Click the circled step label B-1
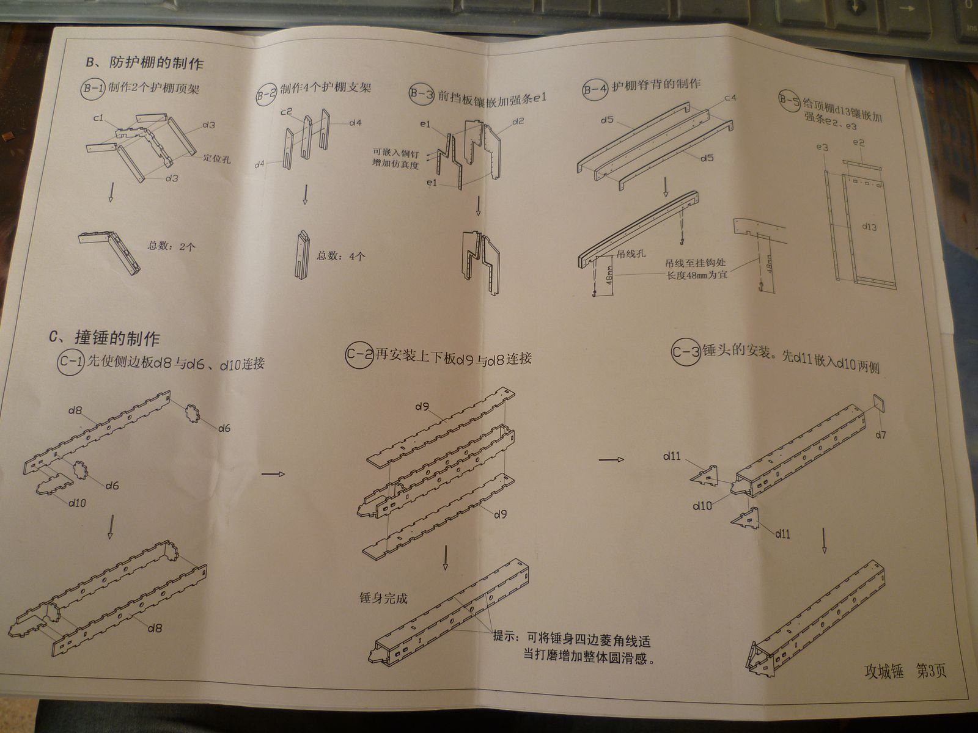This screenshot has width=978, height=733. pyautogui.click(x=94, y=87)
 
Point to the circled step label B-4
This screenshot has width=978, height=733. pyautogui.click(x=595, y=90)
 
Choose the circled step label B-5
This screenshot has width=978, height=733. pyautogui.click(x=789, y=100)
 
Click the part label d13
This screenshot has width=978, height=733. pyautogui.click(x=869, y=227)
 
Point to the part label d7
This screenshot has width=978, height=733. pyautogui.click(x=881, y=435)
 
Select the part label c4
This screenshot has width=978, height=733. pyautogui.click(x=730, y=98)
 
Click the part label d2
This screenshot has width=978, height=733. pyautogui.click(x=518, y=121)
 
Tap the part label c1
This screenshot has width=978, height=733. pyautogui.click(x=98, y=117)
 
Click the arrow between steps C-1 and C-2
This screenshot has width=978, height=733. pyautogui.click(x=273, y=473)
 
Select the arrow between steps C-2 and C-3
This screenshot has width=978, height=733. pyautogui.click(x=611, y=459)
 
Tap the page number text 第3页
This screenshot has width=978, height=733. pyautogui.click(x=931, y=671)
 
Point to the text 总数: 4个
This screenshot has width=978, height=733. pyautogui.click(x=341, y=256)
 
